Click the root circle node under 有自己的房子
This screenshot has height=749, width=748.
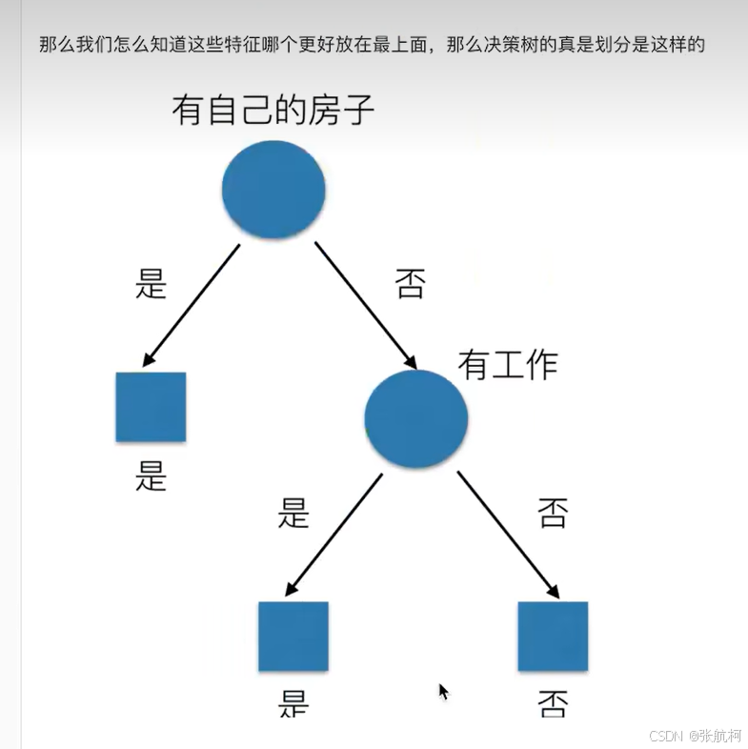click(273, 189)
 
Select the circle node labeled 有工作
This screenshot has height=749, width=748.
click(416, 418)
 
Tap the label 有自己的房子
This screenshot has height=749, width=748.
click(273, 111)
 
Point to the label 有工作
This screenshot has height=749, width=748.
click(507, 364)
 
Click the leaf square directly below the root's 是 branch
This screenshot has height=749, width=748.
click(151, 407)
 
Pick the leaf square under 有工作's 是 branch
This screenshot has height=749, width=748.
click(293, 636)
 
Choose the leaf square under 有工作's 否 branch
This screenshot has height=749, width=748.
click(553, 636)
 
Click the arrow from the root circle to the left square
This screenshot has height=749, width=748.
click(191, 305)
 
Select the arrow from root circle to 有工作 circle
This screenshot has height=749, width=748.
click(366, 305)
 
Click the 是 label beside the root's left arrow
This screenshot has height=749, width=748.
click(152, 283)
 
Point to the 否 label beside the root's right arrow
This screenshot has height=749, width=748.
click(410, 284)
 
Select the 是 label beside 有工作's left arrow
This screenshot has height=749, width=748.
click(293, 513)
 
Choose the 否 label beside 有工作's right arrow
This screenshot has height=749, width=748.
click(553, 513)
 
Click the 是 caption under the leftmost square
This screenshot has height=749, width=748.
click(151, 474)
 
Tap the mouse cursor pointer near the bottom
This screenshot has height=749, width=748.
click(443, 692)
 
